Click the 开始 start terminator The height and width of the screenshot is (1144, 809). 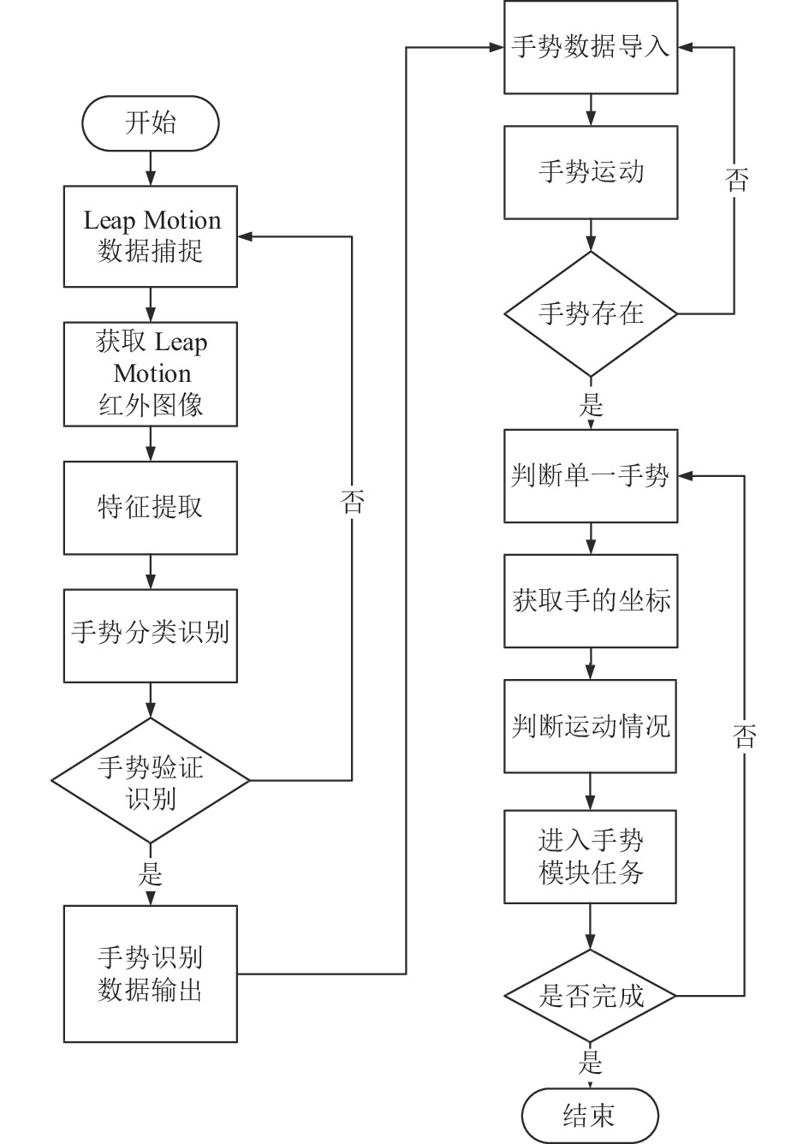[150, 123]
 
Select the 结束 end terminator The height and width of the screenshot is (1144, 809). [590, 1116]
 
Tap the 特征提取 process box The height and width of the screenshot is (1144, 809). [150, 508]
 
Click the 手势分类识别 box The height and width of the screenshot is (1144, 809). [150, 636]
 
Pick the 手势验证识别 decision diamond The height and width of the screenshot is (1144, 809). [150, 780]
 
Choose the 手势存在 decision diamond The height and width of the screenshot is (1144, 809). [591, 313]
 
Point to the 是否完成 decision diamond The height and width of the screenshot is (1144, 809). [590, 995]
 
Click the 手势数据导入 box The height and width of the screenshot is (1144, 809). [591, 47]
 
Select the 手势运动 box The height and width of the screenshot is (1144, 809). [591, 173]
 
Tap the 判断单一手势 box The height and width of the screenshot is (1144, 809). [591, 476]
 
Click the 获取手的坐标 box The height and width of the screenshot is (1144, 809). [591, 601]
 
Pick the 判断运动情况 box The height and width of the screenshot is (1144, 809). [590, 726]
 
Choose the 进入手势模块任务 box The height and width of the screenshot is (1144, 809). [590, 856]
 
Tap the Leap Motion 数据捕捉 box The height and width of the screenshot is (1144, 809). [150, 236]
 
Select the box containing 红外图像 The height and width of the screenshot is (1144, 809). [150, 374]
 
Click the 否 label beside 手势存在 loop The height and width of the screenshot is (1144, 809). [736, 180]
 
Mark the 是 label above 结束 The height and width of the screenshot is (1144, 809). [590, 1063]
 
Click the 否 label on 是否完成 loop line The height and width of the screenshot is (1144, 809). [744, 736]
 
